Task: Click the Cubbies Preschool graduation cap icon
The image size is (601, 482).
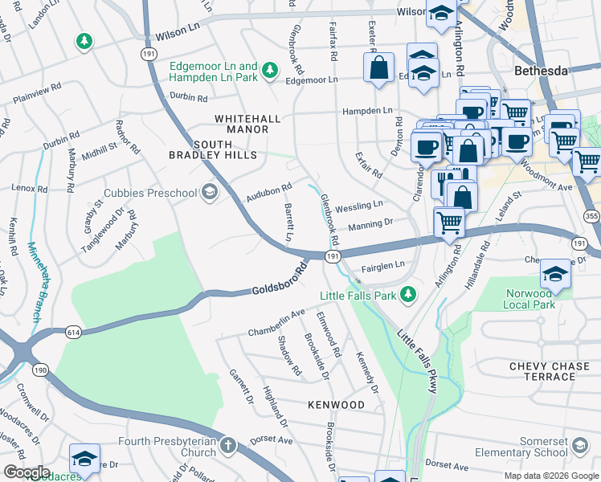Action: pyautogui.click(x=210, y=191)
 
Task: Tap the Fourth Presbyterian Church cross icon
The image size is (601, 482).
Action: pyautogui.click(x=228, y=444)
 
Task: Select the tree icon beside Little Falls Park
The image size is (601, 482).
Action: pyautogui.click(x=408, y=295)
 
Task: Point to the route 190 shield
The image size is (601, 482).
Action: pyautogui.click(x=39, y=370)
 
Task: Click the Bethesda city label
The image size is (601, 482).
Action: pyautogui.click(x=540, y=71)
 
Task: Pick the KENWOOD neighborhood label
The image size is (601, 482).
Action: pyautogui.click(x=335, y=405)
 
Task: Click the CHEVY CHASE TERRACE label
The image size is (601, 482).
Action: pyautogui.click(x=549, y=372)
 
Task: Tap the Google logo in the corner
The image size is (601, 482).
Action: pyautogui.click(x=27, y=472)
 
